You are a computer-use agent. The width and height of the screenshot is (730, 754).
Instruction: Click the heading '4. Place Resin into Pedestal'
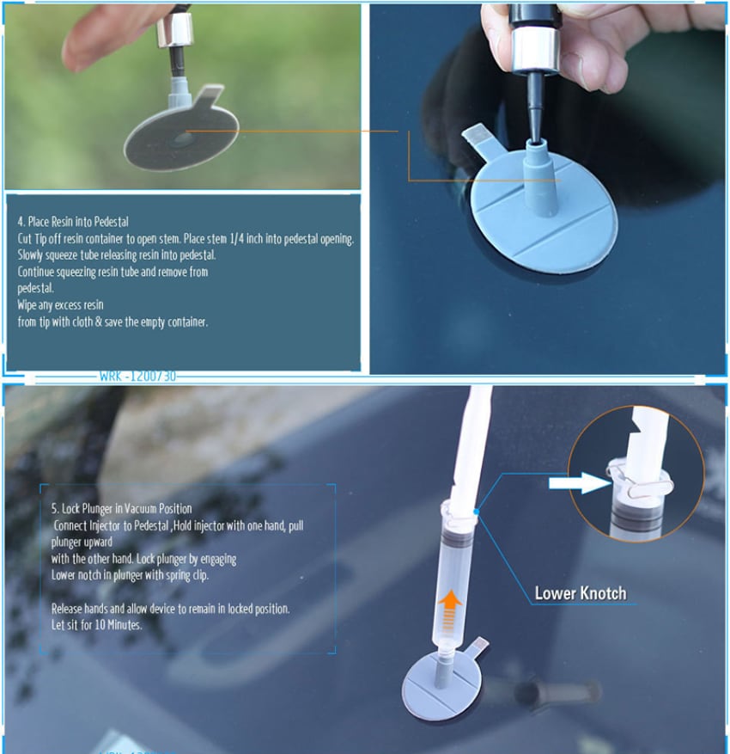[73, 222]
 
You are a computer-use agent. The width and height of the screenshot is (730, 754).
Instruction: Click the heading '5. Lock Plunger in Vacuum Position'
[121, 509]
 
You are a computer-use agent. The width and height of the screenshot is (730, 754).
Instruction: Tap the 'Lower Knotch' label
[581, 593]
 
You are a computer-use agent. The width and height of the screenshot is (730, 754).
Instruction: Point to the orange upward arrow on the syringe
[449, 610]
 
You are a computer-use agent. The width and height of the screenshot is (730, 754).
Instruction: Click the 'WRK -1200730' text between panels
[137, 376]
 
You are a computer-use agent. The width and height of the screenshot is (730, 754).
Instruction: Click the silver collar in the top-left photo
[174, 30]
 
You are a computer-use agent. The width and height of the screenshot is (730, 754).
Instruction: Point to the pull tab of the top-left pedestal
[209, 95]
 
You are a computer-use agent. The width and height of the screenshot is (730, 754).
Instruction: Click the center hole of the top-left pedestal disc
[183, 140]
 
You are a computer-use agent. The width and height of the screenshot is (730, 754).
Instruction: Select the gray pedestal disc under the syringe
[441, 684]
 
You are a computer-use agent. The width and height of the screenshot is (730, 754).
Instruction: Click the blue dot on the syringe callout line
[476, 512]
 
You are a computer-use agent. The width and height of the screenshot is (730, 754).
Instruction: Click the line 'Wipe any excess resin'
[60, 305]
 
